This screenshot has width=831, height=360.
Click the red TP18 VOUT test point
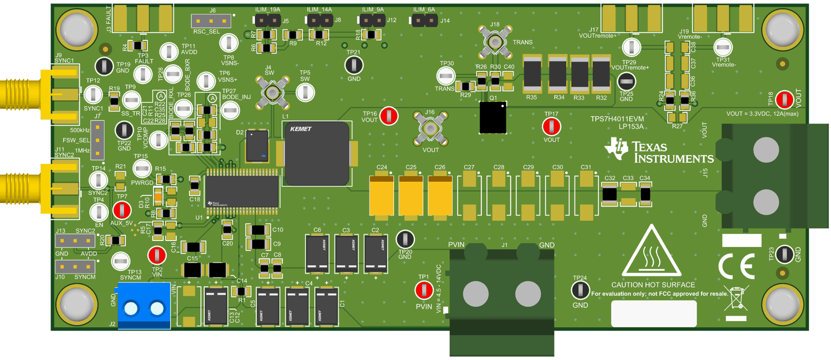(784, 100)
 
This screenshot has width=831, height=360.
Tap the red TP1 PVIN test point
(424, 290)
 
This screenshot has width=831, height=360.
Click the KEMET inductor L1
(317, 154)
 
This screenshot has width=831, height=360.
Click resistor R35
(532, 74)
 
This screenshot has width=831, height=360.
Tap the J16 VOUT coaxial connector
(430, 128)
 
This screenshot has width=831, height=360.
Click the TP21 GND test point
(353, 65)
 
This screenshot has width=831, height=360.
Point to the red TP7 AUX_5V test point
(121, 210)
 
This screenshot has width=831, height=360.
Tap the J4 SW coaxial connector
(273, 92)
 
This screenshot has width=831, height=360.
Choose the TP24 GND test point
(579, 290)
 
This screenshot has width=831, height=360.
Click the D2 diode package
(256, 146)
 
